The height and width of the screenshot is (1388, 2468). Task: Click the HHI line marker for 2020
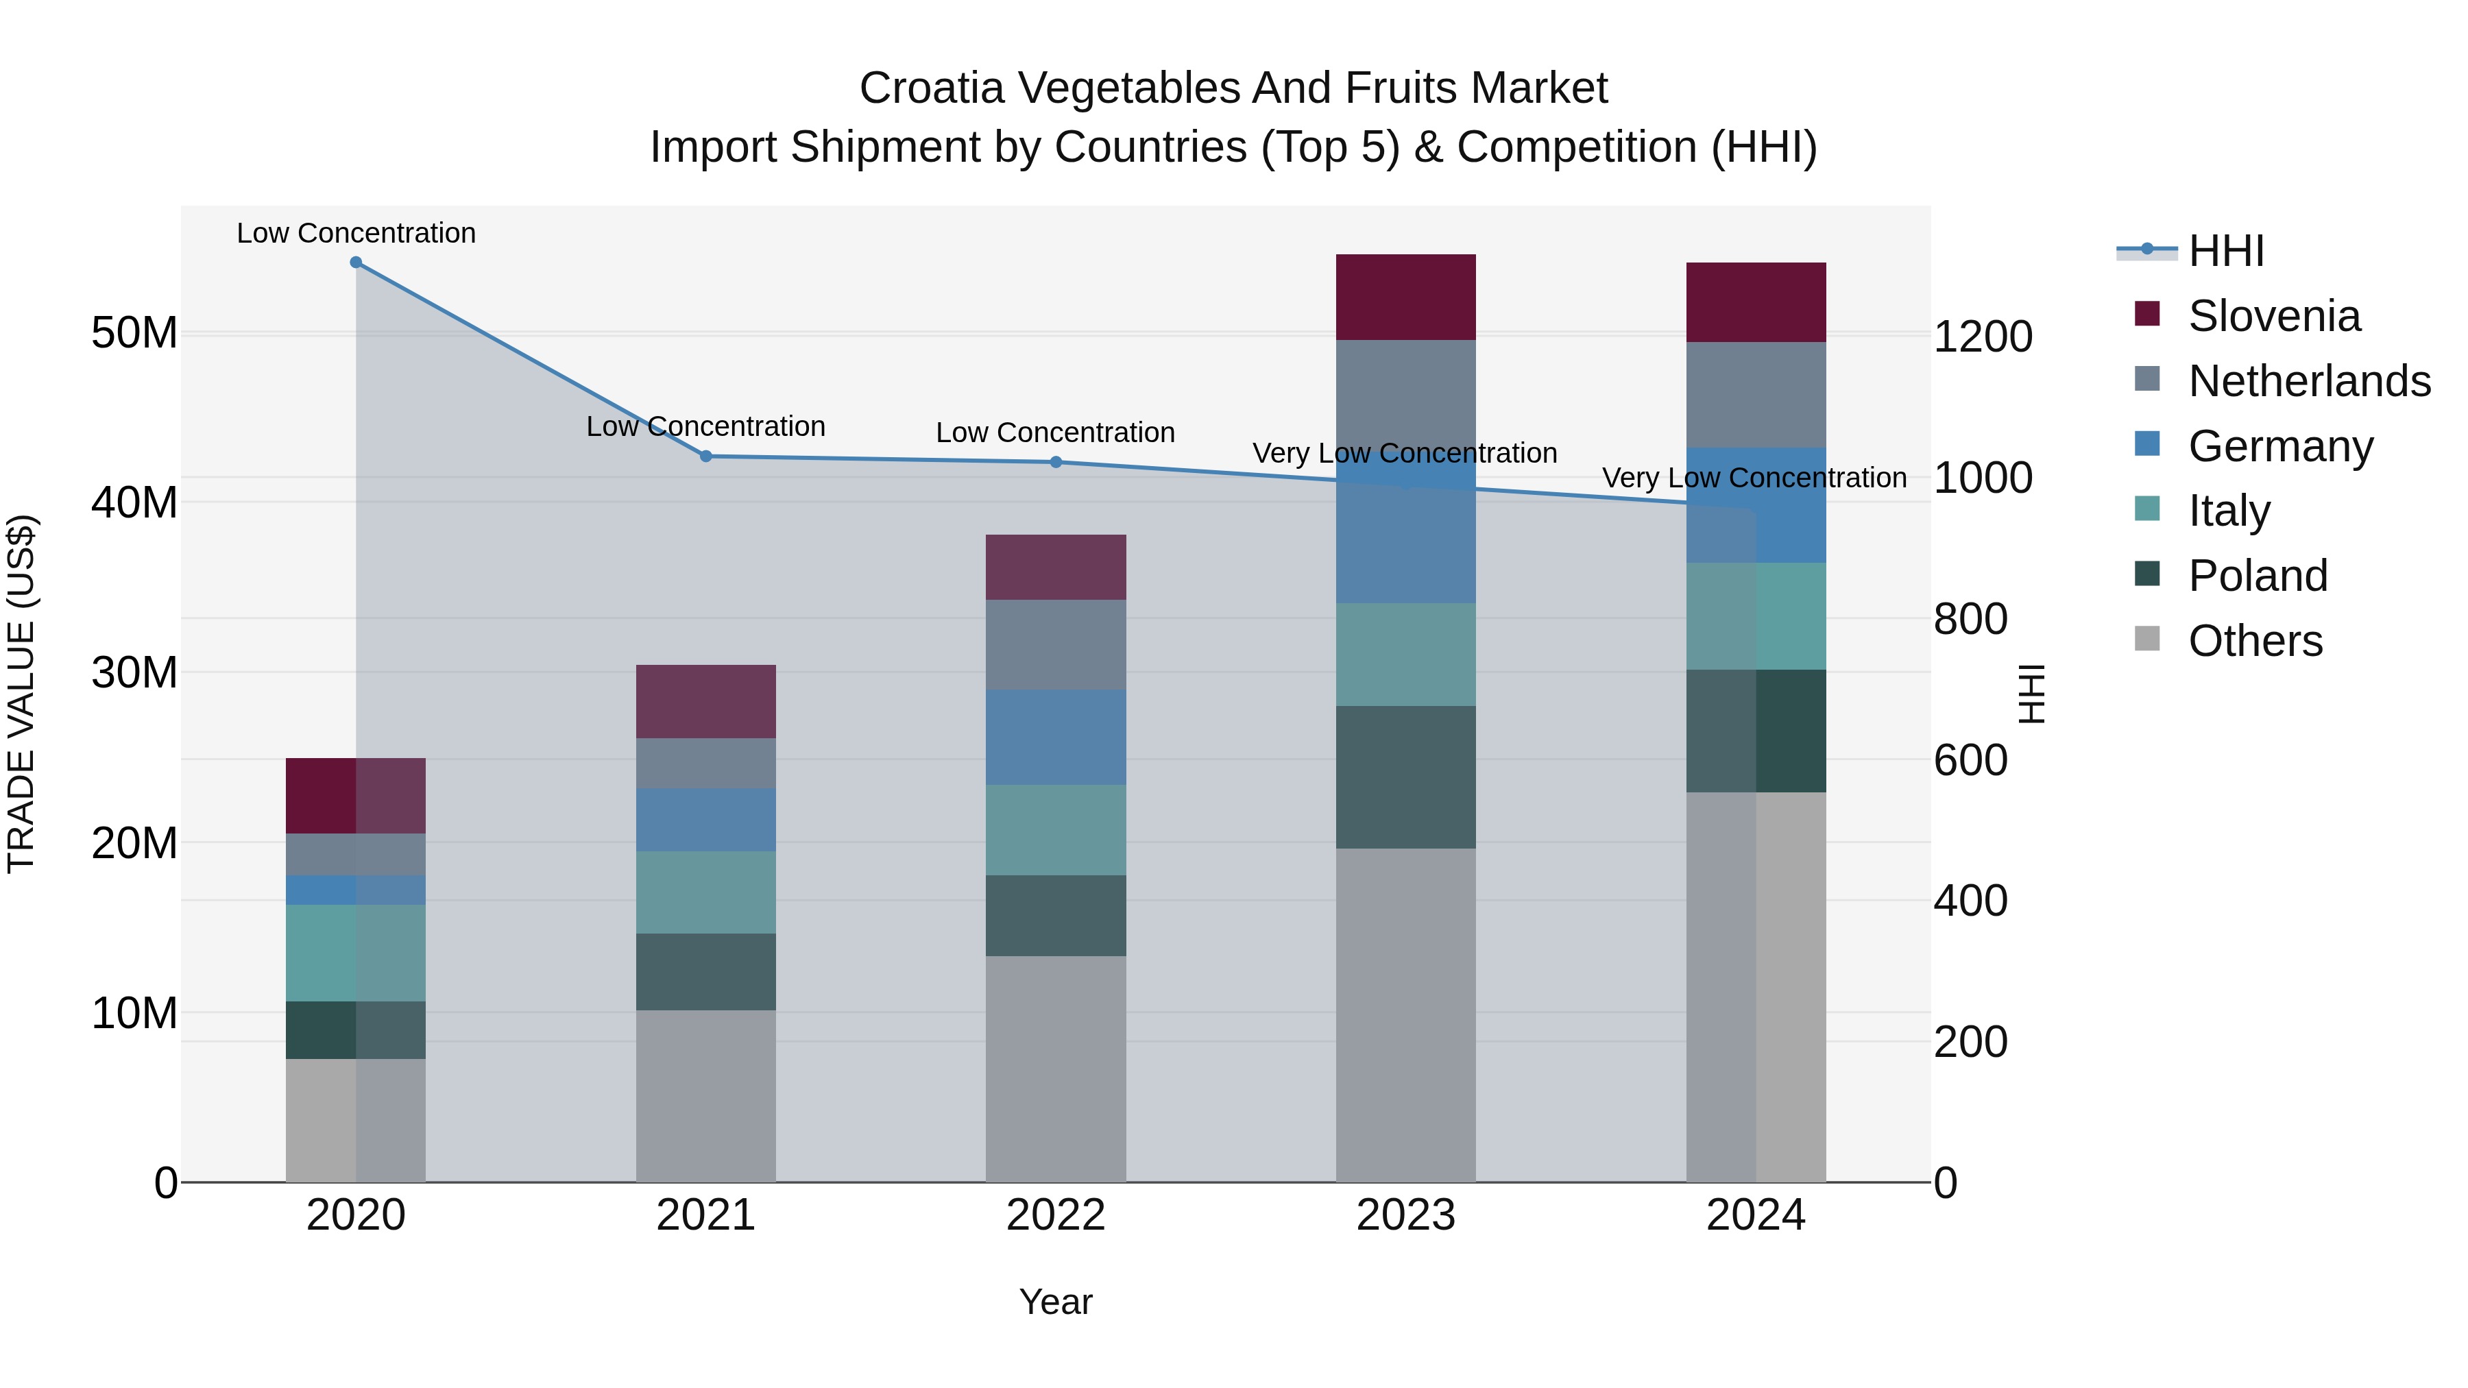pos(355,263)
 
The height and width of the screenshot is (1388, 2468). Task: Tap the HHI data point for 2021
pos(706,456)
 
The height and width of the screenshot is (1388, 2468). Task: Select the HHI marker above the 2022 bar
pos(1056,462)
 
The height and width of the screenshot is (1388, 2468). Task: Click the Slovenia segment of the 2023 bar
pos(1405,297)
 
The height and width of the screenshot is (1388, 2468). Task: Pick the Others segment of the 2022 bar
pos(1056,1068)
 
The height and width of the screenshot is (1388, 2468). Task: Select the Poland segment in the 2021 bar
pos(706,971)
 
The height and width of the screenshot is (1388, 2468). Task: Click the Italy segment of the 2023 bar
pos(1405,655)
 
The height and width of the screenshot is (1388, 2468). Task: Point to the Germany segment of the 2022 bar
pos(1056,737)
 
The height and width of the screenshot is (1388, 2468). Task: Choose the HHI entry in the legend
pos(2225,251)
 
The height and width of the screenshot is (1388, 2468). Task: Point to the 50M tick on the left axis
pos(134,333)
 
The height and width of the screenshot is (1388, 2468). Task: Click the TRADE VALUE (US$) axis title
pos(21,694)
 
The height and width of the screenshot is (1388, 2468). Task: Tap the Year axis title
pos(1056,1302)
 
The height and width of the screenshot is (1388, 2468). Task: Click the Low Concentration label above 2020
pos(355,233)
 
